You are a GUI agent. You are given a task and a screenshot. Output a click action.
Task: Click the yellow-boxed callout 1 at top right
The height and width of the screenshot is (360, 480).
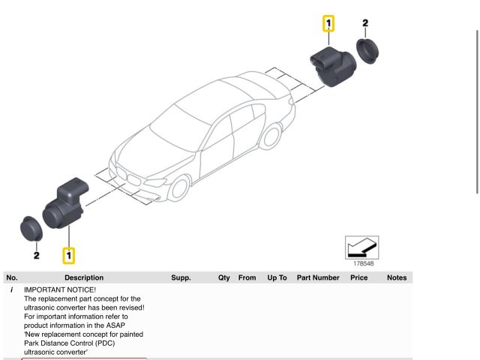pos(328,23)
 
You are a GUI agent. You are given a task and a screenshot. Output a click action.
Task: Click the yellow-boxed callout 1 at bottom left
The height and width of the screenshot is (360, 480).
pos(69,256)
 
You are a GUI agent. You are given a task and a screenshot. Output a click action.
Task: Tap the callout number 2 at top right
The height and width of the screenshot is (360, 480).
pos(365,23)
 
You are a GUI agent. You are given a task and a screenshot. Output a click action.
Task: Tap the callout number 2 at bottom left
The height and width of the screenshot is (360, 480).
pos(36,256)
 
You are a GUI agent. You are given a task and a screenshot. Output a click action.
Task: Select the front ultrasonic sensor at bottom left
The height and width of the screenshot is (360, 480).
pos(64,206)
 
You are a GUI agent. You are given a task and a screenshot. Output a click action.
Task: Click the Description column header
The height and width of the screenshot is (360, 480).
pos(84,277)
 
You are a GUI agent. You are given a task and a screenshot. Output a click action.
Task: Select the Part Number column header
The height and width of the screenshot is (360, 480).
pos(318,277)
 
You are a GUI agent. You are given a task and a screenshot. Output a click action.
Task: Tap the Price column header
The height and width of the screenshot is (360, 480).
pos(359,277)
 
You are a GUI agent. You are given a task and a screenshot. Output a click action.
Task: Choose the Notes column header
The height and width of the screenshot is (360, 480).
pos(397,277)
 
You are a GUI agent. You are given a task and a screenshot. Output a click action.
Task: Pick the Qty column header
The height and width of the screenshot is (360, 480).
pos(224,277)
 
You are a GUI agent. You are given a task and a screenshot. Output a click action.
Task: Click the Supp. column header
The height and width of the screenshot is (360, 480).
pos(181,277)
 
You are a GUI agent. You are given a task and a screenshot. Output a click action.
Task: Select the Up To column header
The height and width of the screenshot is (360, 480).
pos(277,277)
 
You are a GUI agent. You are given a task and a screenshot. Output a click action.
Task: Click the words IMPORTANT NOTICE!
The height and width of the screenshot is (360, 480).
pos(60,289)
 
